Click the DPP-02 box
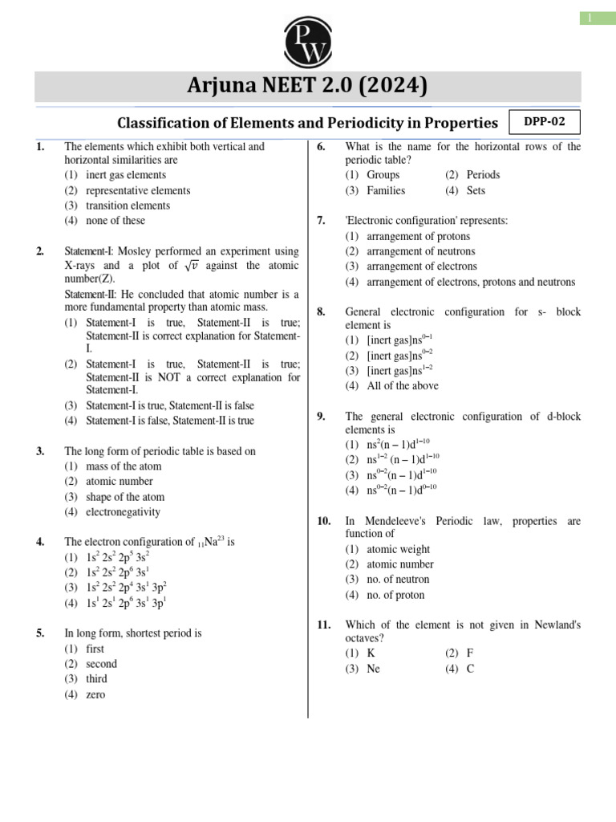click(x=544, y=122)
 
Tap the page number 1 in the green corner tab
click(x=597, y=18)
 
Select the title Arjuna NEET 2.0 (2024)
click(x=308, y=86)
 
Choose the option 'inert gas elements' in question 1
click(x=126, y=175)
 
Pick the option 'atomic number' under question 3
click(x=119, y=481)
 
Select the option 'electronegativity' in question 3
click(x=123, y=511)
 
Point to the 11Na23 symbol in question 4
click(x=211, y=543)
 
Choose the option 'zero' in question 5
click(x=95, y=694)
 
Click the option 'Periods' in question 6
click(x=482, y=175)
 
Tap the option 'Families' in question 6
click(x=386, y=190)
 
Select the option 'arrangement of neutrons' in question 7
click(x=421, y=251)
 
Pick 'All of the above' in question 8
click(x=403, y=385)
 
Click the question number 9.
click(x=321, y=417)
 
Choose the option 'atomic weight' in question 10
click(x=398, y=549)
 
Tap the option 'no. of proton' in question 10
click(x=395, y=595)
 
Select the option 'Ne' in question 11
click(x=373, y=669)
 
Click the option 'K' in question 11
click(x=371, y=653)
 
